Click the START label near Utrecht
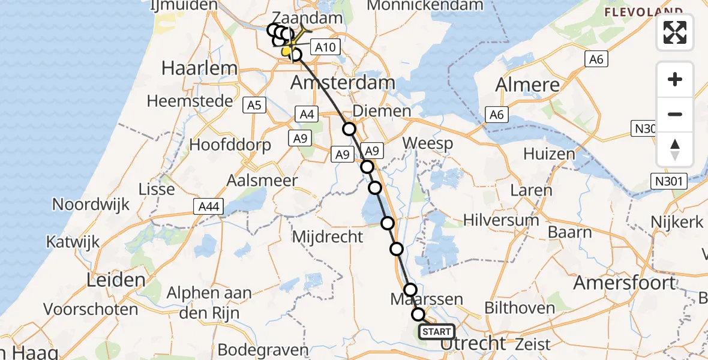[437, 332]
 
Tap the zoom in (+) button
[675, 80]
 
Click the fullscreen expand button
[675, 32]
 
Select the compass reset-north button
[675, 149]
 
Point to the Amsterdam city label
[343, 83]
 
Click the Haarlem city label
[200, 68]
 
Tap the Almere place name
[528, 85]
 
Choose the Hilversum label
[501, 220]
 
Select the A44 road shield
[209, 207]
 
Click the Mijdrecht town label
[328, 236]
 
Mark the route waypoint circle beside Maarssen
[410, 290]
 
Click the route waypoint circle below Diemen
[349, 128]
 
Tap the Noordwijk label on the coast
[91, 204]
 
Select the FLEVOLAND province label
[643, 12]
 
